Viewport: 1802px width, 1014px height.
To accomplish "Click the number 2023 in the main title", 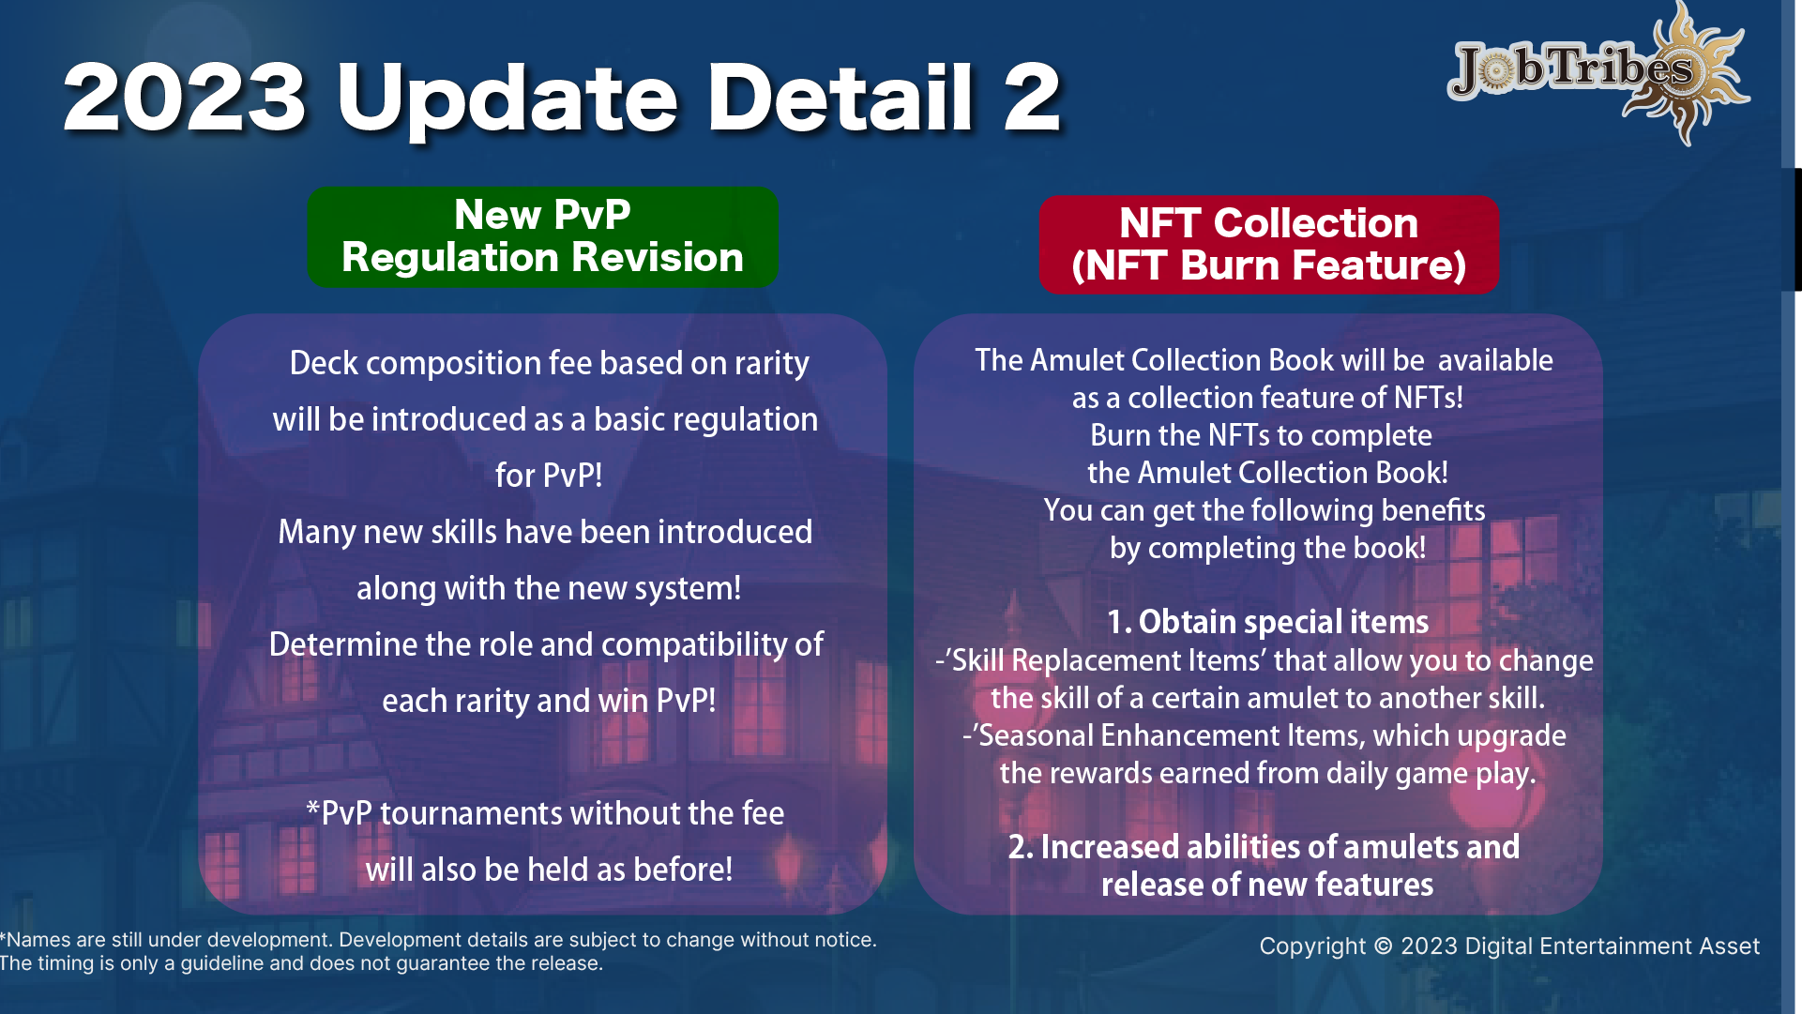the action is [185, 97].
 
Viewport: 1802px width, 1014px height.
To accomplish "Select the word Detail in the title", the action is [840, 97].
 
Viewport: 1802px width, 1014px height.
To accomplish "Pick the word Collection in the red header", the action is [1315, 223].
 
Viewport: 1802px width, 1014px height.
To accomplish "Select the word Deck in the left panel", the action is [324, 363].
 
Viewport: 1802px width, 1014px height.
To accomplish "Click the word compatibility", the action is [694, 645].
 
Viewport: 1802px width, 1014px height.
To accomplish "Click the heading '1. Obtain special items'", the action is [1268, 622].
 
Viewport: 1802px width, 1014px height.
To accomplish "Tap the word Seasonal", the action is [1036, 735].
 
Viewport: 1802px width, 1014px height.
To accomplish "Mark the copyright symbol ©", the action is [1383, 946].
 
